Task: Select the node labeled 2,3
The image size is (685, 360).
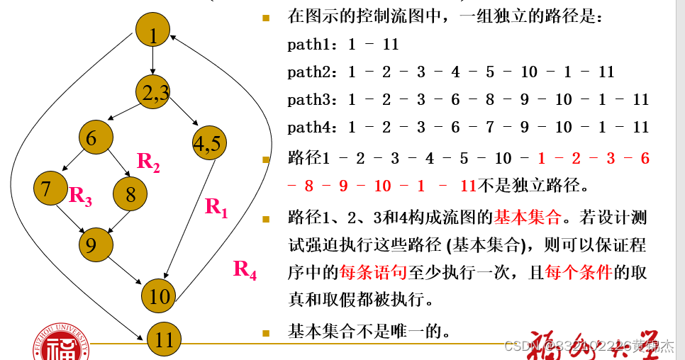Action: click(153, 93)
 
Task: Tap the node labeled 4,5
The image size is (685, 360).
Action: click(209, 143)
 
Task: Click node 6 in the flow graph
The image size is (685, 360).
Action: click(96, 138)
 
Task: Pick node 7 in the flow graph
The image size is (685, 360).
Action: click(50, 189)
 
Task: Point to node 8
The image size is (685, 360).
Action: click(130, 193)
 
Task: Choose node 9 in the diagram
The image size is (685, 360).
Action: click(96, 244)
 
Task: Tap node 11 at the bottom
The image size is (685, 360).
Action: click(165, 339)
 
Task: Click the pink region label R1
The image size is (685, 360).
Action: click(216, 207)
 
